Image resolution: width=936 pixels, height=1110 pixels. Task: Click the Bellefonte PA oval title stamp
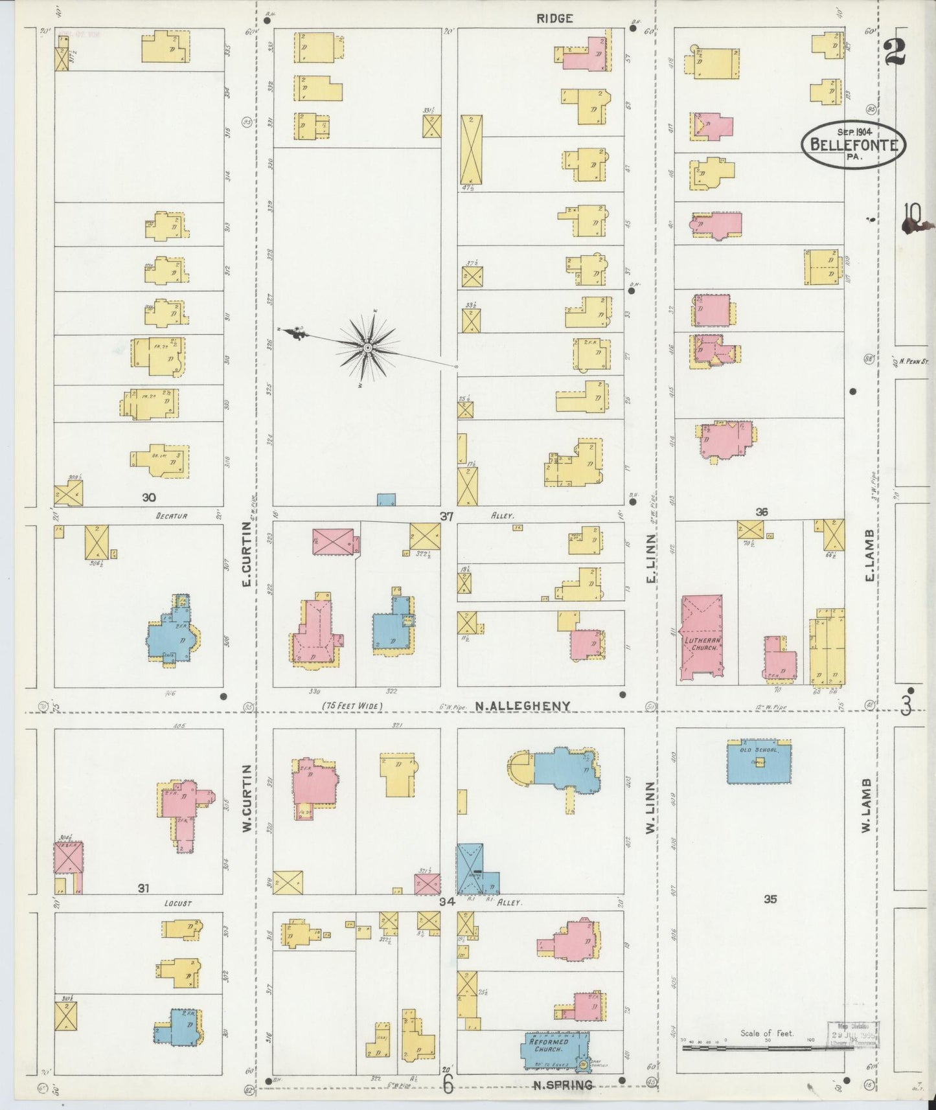pyautogui.click(x=854, y=144)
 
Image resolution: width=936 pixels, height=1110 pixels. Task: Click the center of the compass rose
pyautogui.click(x=367, y=348)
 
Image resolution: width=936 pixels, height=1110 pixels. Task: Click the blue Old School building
pyautogui.click(x=759, y=762)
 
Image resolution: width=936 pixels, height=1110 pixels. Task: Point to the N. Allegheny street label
pyautogui.click(x=522, y=706)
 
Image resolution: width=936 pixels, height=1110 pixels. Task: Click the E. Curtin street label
pyautogui.click(x=246, y=565)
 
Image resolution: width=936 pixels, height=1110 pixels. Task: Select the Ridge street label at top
pyautogui.click(x=554, y=19)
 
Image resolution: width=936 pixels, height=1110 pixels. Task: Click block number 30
pyautogui.click(x=149, y=497)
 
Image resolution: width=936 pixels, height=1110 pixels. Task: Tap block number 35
pyautogui.click(x=770, y=899)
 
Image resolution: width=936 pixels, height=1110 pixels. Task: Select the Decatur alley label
pyautogui.click(x=171, y=516)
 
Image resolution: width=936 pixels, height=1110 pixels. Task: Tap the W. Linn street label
pyautogui.click(x=652, y=806)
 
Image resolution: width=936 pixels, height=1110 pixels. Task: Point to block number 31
pyautogui.click(x=143, y=889)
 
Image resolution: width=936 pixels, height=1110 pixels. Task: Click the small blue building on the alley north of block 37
pyautogui.click(x=386, y=499)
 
